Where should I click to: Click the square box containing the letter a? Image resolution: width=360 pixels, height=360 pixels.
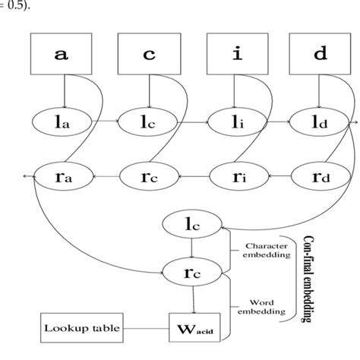coord(62,55)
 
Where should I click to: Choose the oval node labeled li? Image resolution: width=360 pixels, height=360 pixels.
coord(233,121)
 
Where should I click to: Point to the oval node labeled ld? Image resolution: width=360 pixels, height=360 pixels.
coord(317,121)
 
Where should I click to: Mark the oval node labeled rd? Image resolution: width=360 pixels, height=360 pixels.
coord(317,177)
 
